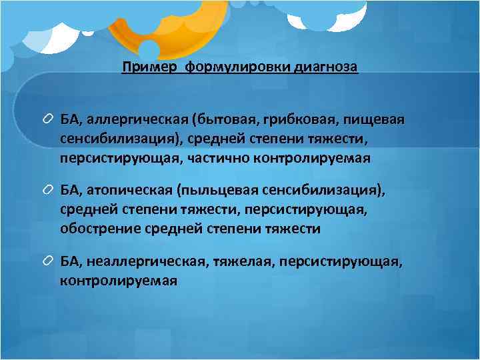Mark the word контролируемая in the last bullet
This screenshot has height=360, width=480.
pyautogui.click(x=119, y=281)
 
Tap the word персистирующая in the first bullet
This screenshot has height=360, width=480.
pyautogui.click(x=106, y=159)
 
